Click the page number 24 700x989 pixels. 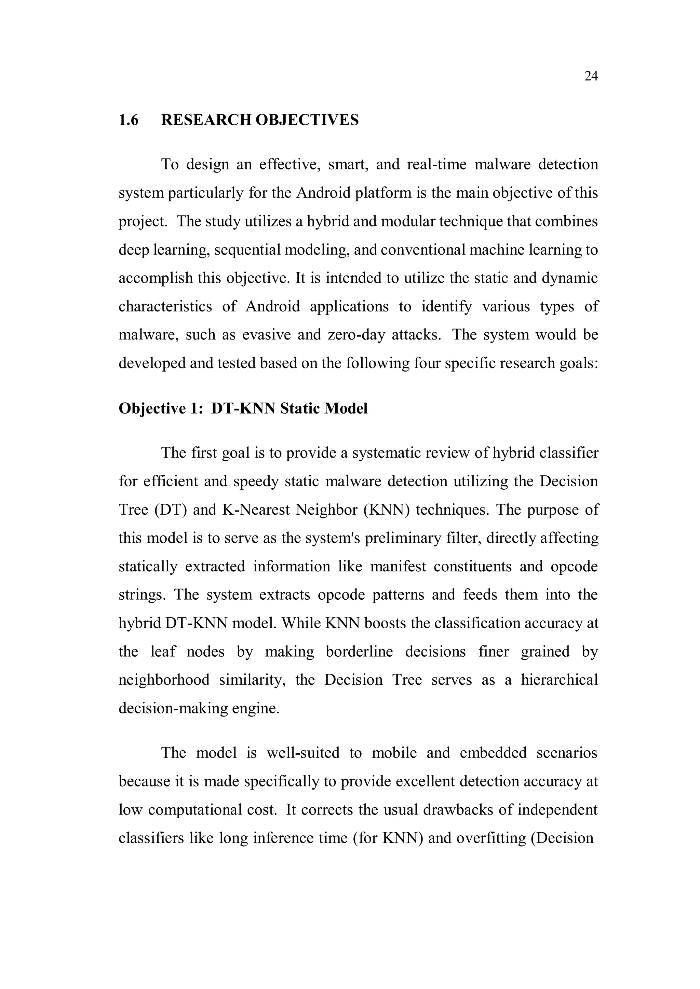(591, 76)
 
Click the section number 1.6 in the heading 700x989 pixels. (129, 120)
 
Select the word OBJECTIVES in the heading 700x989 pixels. (307, 120)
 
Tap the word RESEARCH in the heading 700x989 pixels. (206, 120)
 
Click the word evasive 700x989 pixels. (266, 335)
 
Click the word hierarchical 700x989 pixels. (559, 680)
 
